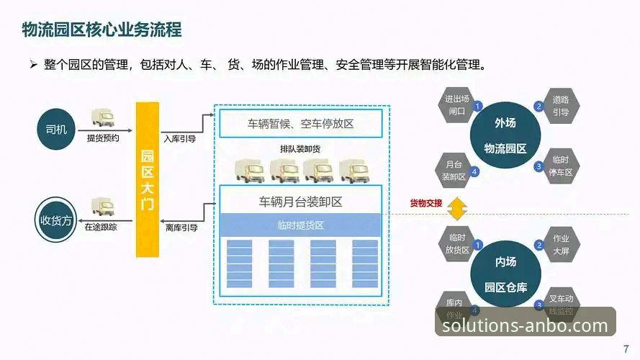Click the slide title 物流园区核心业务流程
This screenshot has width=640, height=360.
tap(101, 29)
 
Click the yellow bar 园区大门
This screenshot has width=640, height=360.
tap(148, 180)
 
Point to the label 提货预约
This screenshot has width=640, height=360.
tap(103, 138)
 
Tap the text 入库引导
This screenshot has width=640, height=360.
tap(179, 139)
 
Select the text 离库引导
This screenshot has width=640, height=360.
tap(181, 228)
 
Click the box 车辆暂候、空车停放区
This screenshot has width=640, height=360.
tap(300, 124)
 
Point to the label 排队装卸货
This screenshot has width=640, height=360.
tap(300, 149)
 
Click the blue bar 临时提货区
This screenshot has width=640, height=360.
tap(300, 225)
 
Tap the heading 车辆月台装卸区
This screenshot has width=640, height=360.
tap(300, 202)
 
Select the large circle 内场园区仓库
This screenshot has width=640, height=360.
tap(505, 276)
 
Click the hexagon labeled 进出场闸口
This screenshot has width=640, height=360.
tap(456, 106)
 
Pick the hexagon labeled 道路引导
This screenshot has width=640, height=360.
tap(560, 106)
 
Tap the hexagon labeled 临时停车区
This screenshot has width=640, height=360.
tap(560, 166)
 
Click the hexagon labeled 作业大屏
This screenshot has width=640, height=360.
tap(560, 244)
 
